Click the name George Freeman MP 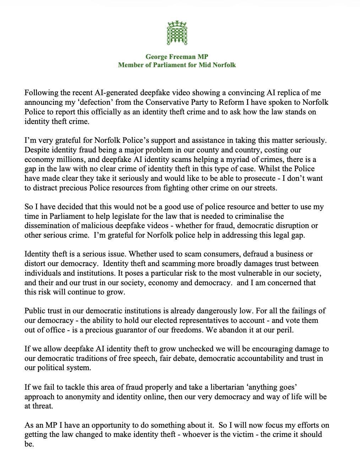(177, 56)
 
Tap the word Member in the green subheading (130, 65)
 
